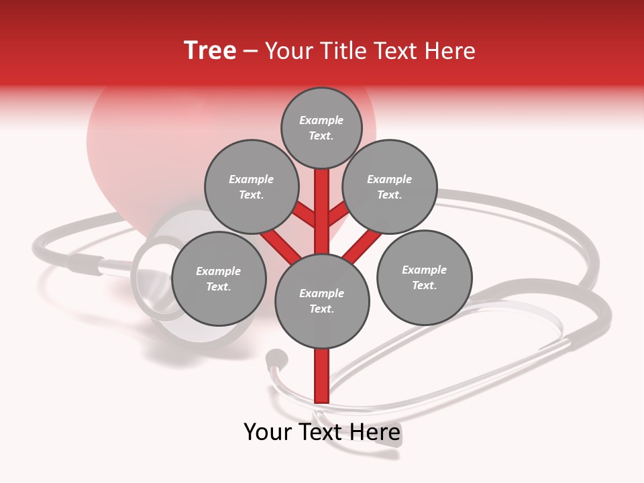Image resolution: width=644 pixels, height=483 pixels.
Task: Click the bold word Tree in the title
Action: click(210, 51)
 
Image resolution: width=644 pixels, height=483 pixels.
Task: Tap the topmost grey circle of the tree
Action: click(321, 127)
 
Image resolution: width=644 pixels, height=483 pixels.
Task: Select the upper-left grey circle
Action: click(251, 186)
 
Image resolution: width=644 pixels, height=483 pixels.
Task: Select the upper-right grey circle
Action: click(390, 186)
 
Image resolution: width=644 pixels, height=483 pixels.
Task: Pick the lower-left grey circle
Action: click(219, 278)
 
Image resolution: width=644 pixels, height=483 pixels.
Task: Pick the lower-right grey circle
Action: click(424, 277)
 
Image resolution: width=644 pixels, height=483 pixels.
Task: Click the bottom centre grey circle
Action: click(322, 301)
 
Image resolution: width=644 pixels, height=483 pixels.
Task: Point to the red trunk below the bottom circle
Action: click(322, 376)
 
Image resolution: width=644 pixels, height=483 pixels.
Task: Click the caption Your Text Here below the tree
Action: click(322, 432)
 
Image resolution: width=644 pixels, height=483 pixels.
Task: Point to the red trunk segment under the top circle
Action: click(322, 201)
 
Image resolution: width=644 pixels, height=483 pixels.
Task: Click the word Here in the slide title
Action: click(451, 51)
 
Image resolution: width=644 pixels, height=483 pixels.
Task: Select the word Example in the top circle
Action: click(321, 120)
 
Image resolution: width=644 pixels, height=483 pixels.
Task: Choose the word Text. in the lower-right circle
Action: click(424, 285)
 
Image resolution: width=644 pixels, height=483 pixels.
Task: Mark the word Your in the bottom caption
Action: click(267, 432)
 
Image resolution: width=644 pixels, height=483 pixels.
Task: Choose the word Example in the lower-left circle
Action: click(219, 271)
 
